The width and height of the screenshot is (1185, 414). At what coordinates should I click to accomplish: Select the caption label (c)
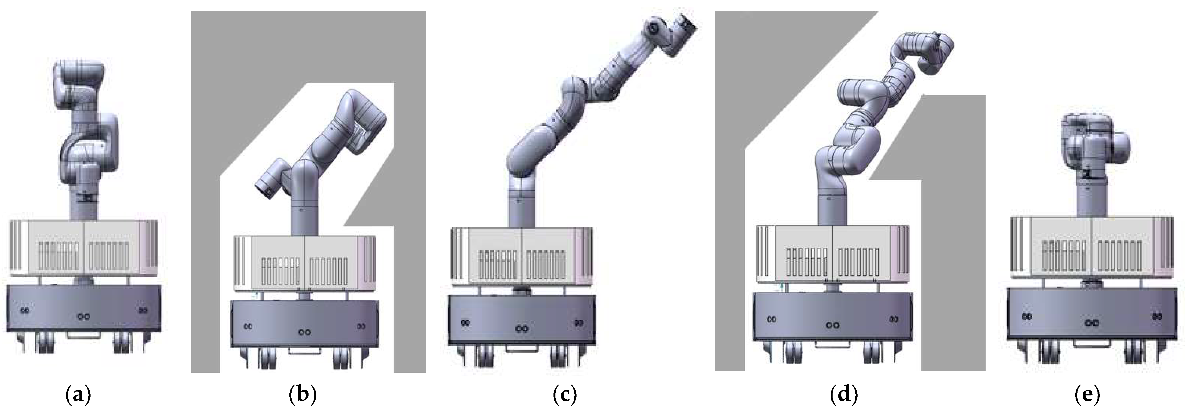coord(564,394)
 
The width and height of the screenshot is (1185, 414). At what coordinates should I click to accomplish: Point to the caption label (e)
coord(1088,394)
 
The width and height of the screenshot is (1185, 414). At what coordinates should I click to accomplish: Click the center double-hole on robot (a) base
coord(83,317)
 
